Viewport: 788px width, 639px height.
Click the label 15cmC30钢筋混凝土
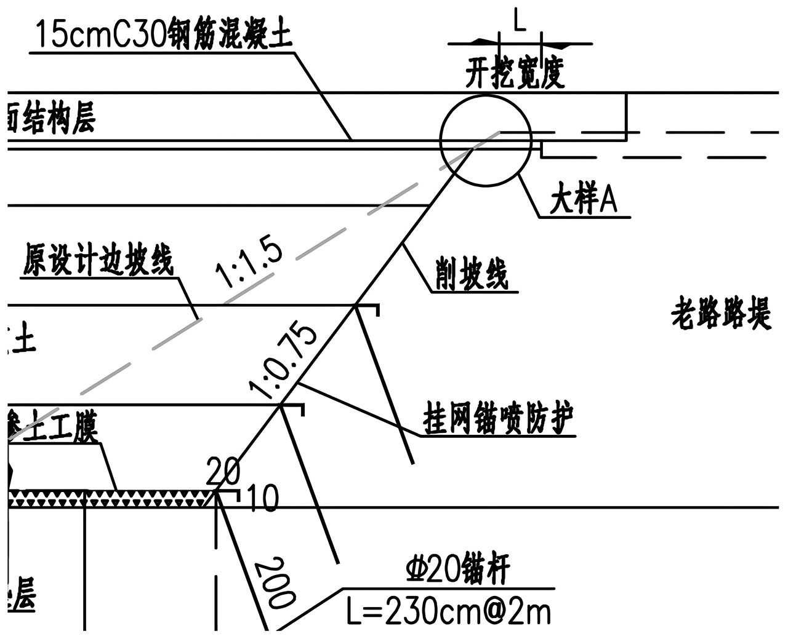pos(163,35)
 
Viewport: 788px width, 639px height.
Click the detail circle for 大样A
pos(486,140)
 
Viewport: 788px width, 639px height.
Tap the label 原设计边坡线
pos(98,261)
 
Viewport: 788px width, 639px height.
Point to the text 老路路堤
pos(720,314)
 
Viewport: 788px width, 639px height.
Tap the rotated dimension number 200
pos(275,582)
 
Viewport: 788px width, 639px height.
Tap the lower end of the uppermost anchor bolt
pos(411,462)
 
